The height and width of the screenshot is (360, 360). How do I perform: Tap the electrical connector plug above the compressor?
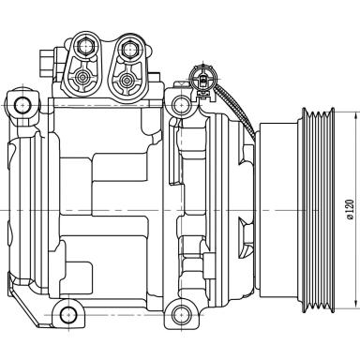point(200,75)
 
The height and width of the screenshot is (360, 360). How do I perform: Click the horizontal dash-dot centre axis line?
point(141,207)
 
